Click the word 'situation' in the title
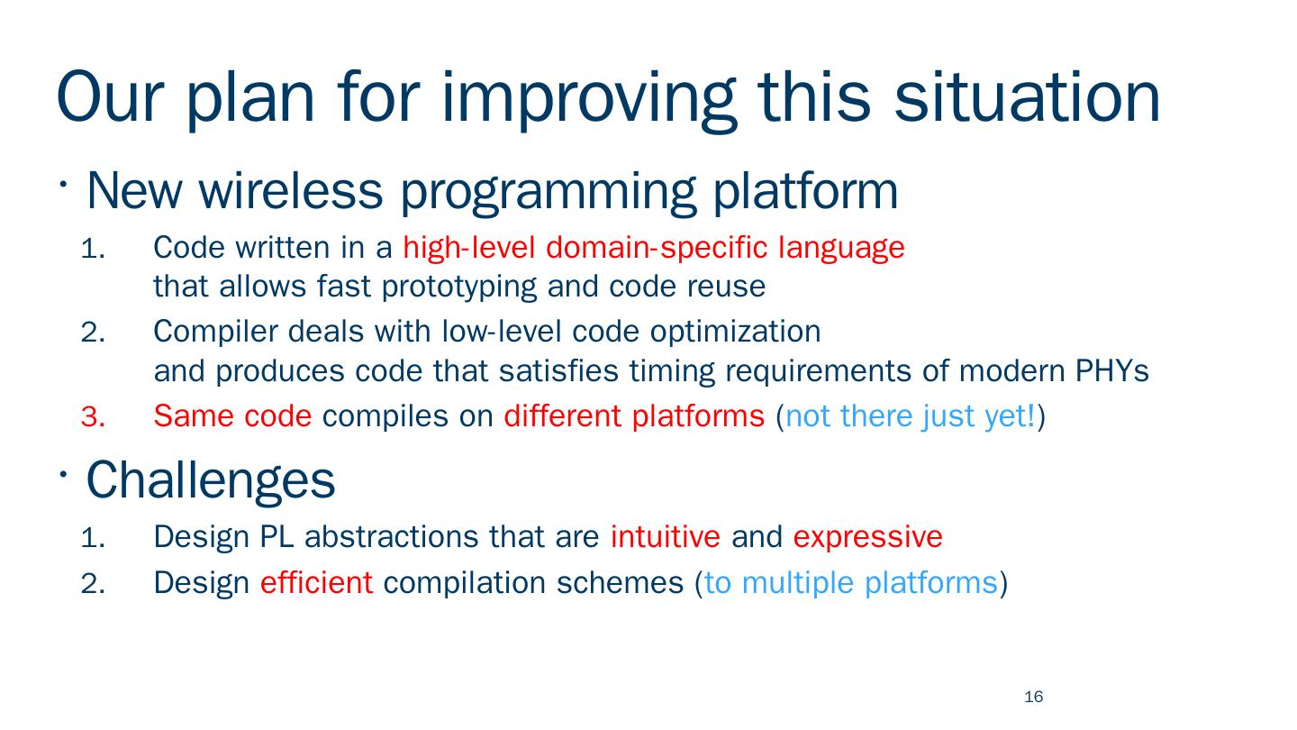[1027, 97]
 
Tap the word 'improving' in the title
[588, 101]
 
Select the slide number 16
[1034, 697]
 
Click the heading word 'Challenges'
[211, 480]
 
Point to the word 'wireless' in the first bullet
[291, 191]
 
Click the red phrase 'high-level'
[468, 248]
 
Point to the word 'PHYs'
[1111, 371]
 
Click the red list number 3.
[93, 416]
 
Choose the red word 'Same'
[194, 416]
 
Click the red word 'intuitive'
[666, 536]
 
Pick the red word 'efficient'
[316, 582]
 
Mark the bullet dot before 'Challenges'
[63, 474]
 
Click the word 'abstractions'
[392, 536]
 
